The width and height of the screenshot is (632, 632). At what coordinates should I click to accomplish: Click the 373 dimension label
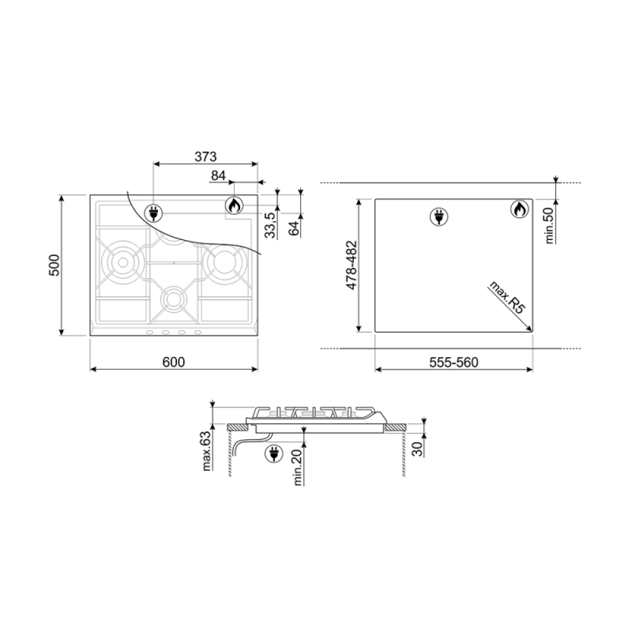[x=205, y=156]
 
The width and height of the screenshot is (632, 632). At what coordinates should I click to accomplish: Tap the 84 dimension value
[x=218, y=176]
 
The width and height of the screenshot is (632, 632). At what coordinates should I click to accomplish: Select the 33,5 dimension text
[x=271, y=225]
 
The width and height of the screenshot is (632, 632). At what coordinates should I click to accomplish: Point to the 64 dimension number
[x=295, y=228]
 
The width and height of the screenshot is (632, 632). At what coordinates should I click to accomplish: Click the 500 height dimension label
[x=54, y=265]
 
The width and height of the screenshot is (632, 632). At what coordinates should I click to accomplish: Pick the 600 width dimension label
[x=174, y=362]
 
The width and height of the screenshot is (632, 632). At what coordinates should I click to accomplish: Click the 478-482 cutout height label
[x=351, y=265]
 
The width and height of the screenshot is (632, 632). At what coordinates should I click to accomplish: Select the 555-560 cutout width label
[x=454, y=362]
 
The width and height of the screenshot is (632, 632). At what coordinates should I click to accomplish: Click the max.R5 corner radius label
[x=507, y=298]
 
